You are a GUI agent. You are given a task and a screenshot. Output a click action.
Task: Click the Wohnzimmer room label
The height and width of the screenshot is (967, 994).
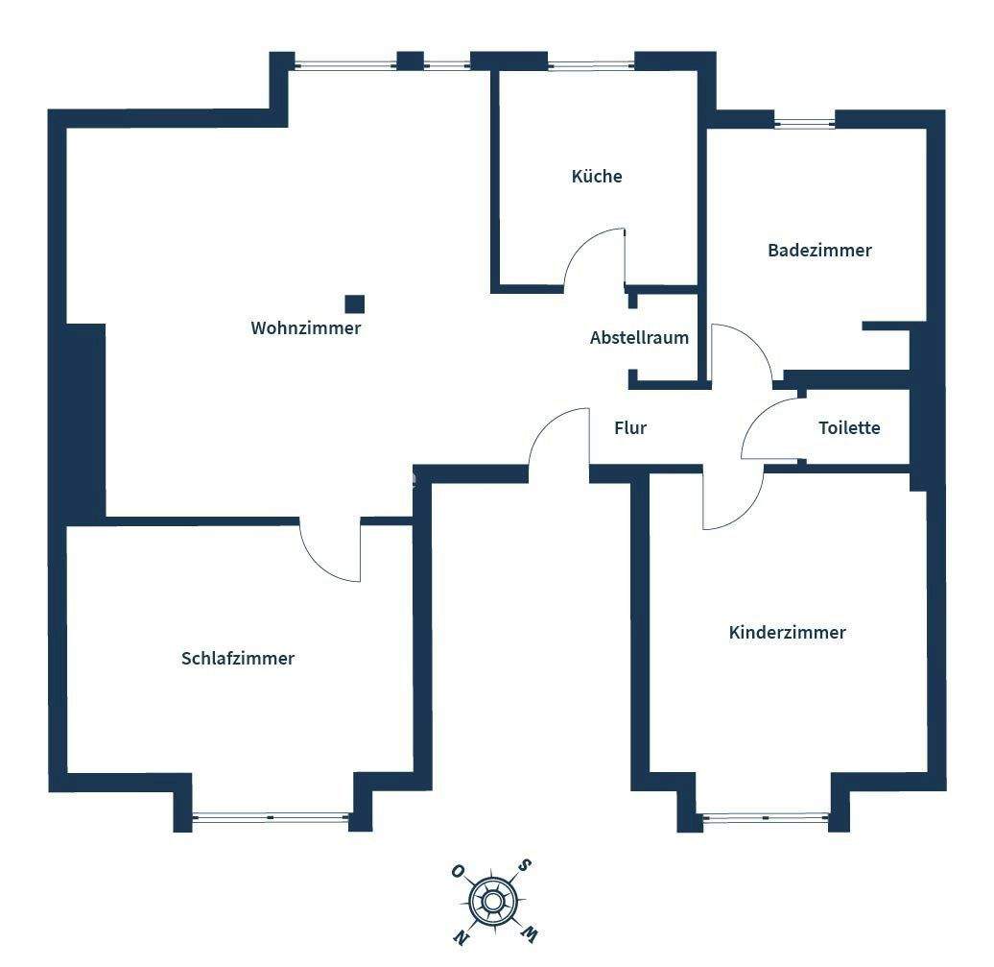(x=306, y=328)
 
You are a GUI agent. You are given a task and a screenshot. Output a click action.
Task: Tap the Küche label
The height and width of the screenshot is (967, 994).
(x=597, y=177)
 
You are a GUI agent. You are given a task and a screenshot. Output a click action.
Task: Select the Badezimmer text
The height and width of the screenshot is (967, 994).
(x=819, y=251)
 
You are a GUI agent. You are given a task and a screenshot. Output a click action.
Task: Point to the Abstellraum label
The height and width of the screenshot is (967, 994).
(x=639, y=338)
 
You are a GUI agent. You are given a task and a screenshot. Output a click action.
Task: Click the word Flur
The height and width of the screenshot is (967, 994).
(x=630, y=428)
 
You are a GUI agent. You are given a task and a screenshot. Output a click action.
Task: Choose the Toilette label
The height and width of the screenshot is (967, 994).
(x=849, y=428)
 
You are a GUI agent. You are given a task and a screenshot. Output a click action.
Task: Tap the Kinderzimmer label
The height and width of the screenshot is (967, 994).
(x=787, y=633)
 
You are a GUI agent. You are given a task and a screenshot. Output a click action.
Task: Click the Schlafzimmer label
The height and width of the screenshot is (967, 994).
(x=238, y=659)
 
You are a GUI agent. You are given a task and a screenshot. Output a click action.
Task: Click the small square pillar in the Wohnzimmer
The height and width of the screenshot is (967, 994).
(x=355, y=304)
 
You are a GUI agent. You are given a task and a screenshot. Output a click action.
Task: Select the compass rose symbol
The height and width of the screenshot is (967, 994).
(x=493, y=902)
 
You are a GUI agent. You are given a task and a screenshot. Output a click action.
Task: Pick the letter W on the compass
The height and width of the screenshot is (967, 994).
(x=530, y=931)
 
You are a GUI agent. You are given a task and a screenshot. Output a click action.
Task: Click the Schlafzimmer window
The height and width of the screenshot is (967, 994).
(x=272, y=818)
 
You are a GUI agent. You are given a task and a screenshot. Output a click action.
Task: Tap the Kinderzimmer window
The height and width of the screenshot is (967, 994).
(x=766, y=819)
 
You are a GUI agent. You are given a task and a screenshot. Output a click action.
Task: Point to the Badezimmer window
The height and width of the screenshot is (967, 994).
(x=805, y=123)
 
